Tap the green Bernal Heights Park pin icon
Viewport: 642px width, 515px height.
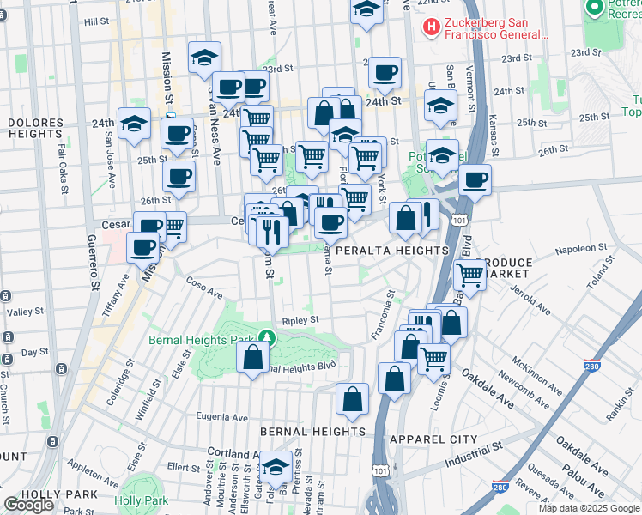coord(268,336)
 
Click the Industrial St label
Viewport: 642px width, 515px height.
coord(473,456)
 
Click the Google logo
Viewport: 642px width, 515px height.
coord(28,505)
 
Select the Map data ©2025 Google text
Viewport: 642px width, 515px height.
coord(589,508)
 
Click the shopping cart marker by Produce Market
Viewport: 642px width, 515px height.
coord(469,275)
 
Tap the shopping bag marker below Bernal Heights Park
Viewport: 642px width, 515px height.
coord(251,358)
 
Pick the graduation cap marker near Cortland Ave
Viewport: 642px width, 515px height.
coord(276,468)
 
